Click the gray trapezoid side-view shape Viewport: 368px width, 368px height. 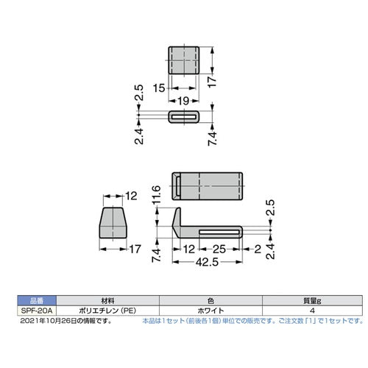click(x=113, y=220)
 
